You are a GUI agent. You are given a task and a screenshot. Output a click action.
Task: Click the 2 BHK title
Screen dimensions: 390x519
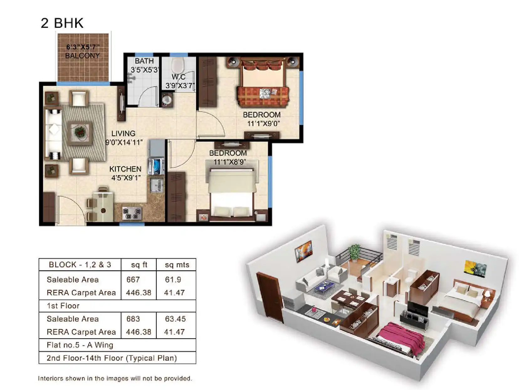62,23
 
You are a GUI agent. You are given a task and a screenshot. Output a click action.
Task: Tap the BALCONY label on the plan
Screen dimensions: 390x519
82,56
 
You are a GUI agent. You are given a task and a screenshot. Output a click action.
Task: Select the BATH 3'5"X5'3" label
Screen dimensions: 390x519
144,66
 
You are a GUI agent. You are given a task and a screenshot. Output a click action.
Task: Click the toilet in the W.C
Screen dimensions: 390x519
178,65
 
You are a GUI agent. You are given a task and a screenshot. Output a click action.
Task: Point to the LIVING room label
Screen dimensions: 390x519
123,134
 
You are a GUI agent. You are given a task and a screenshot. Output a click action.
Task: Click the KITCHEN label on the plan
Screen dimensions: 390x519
125,169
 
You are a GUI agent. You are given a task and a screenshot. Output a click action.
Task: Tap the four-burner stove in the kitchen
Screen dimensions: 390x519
132,213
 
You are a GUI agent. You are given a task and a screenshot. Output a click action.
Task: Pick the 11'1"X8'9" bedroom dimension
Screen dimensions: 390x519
229,162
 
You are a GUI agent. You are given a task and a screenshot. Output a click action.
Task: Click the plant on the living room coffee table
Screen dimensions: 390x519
80,131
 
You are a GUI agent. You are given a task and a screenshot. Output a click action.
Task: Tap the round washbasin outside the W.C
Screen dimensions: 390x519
166,100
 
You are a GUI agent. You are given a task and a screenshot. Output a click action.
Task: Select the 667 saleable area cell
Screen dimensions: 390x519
133,279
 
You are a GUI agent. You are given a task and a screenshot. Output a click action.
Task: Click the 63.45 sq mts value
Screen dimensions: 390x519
175,319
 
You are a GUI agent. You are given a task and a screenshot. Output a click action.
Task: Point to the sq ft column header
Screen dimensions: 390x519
139,265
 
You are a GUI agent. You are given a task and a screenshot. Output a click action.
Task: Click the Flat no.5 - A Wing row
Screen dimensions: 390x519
80,345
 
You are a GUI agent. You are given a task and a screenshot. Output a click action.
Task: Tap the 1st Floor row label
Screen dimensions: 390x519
63,306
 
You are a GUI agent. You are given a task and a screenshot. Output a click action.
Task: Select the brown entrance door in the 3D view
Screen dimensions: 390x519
270,297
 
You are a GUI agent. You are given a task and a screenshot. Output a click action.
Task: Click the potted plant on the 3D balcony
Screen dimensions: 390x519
355,252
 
